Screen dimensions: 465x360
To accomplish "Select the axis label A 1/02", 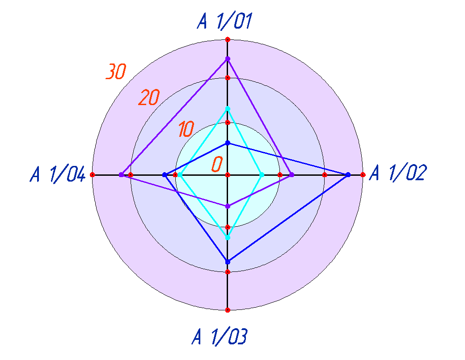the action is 398,173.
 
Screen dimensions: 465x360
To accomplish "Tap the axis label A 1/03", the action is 220,336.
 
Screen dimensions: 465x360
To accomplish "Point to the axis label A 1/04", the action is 58,174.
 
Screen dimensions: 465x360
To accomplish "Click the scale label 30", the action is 116,72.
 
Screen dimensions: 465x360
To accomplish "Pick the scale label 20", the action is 149,97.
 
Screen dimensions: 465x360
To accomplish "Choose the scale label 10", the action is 186,129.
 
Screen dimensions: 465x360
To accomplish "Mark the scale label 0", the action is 217,164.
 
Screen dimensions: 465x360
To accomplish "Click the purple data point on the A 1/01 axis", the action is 228,59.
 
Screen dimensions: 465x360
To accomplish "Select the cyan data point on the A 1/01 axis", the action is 228,109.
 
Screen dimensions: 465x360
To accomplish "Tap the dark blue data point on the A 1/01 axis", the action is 228,143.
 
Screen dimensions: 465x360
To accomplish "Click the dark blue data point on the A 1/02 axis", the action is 348,175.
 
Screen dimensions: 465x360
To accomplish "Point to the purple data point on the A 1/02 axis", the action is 292,175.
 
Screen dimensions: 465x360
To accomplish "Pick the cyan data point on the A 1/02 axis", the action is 262,175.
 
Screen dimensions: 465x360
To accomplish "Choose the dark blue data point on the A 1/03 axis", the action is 228,262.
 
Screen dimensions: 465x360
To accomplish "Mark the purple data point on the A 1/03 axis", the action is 228,206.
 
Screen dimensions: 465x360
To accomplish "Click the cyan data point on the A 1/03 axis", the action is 228,237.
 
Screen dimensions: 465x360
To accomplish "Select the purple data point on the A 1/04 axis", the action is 121,175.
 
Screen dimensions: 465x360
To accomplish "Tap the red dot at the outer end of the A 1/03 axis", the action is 228,310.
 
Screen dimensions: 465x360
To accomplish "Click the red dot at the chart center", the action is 228,175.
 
